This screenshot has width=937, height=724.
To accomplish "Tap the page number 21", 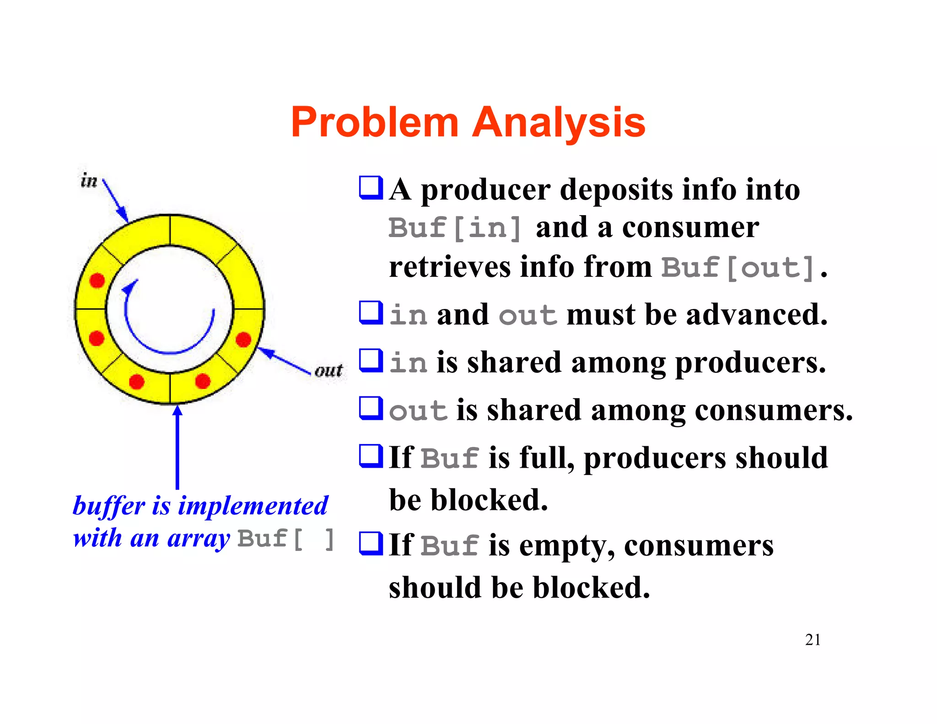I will (x=813, y=640).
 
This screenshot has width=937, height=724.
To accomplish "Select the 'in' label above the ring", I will (x=89, y=181).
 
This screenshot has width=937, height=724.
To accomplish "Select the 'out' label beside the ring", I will (x=328, y=370).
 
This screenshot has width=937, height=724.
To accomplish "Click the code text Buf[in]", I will (x=454, y=228).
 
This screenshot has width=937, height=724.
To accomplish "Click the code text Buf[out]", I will (x=738, y=268).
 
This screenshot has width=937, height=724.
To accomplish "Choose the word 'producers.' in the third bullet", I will (x=750, y=362).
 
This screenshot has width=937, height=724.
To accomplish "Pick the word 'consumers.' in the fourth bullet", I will (x=774, y=410).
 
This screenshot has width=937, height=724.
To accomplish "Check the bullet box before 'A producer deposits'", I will (x=371, y=188).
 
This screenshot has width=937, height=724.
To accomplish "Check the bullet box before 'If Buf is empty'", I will (x=371, y=543).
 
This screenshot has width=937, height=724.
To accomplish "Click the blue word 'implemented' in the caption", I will (x=253, y=506).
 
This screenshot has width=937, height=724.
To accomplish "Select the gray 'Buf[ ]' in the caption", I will (x=286, y=539).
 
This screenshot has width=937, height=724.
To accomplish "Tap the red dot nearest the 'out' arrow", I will (x=243, y=340).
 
